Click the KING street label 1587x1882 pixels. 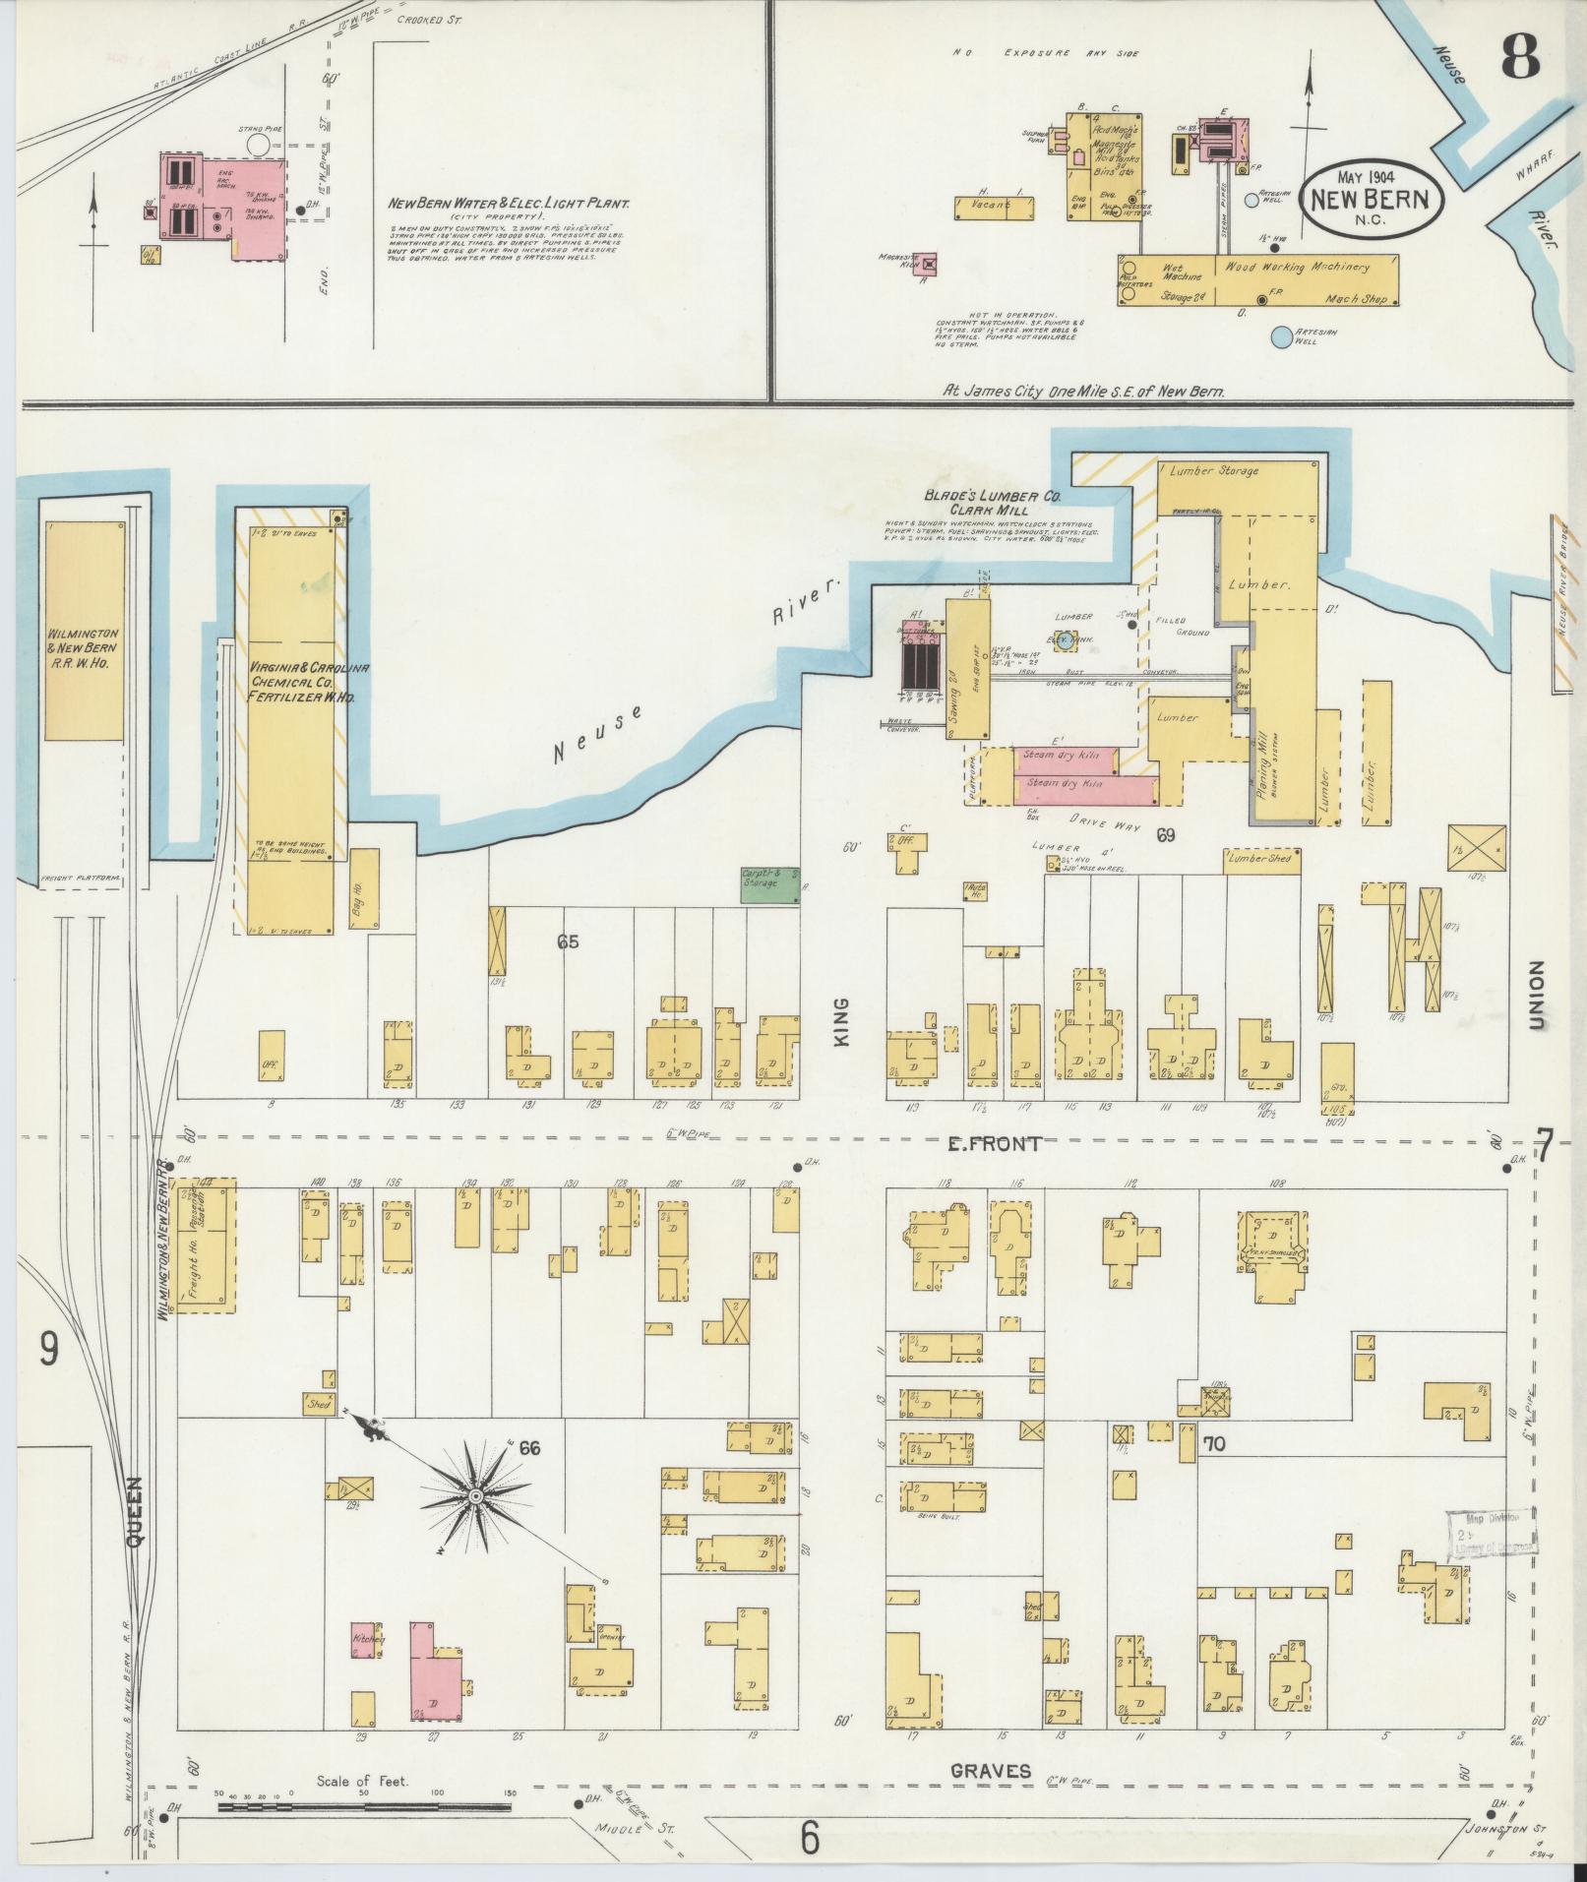(x=843, y=1023)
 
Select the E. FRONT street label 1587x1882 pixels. (x=994, y=1143)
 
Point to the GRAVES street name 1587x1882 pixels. (x=991, y=1771)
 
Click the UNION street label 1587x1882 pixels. (x=1537, y=996)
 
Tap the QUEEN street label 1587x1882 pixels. (x=137, y=1514)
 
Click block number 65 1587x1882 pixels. (x=568, y=942)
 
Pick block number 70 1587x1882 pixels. (x=1213, y=1445)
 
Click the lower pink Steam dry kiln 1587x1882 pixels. (x=1082, y=785)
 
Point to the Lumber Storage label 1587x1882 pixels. (x=1213, y=471)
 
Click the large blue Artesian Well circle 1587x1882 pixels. (x=1280, y=337)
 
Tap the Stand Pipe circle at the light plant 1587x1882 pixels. (x=258, y=145)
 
